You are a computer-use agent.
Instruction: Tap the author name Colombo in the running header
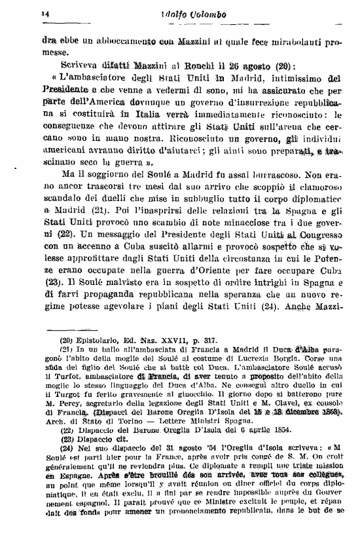(202, 13)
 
